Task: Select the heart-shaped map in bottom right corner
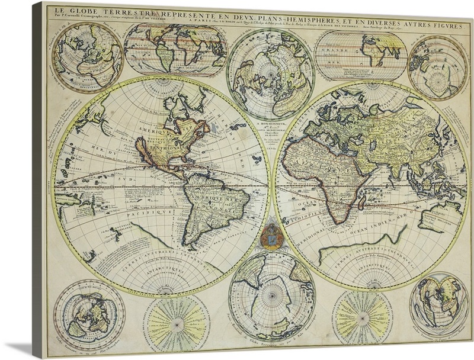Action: pyautogui.click(x=438, y=302)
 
